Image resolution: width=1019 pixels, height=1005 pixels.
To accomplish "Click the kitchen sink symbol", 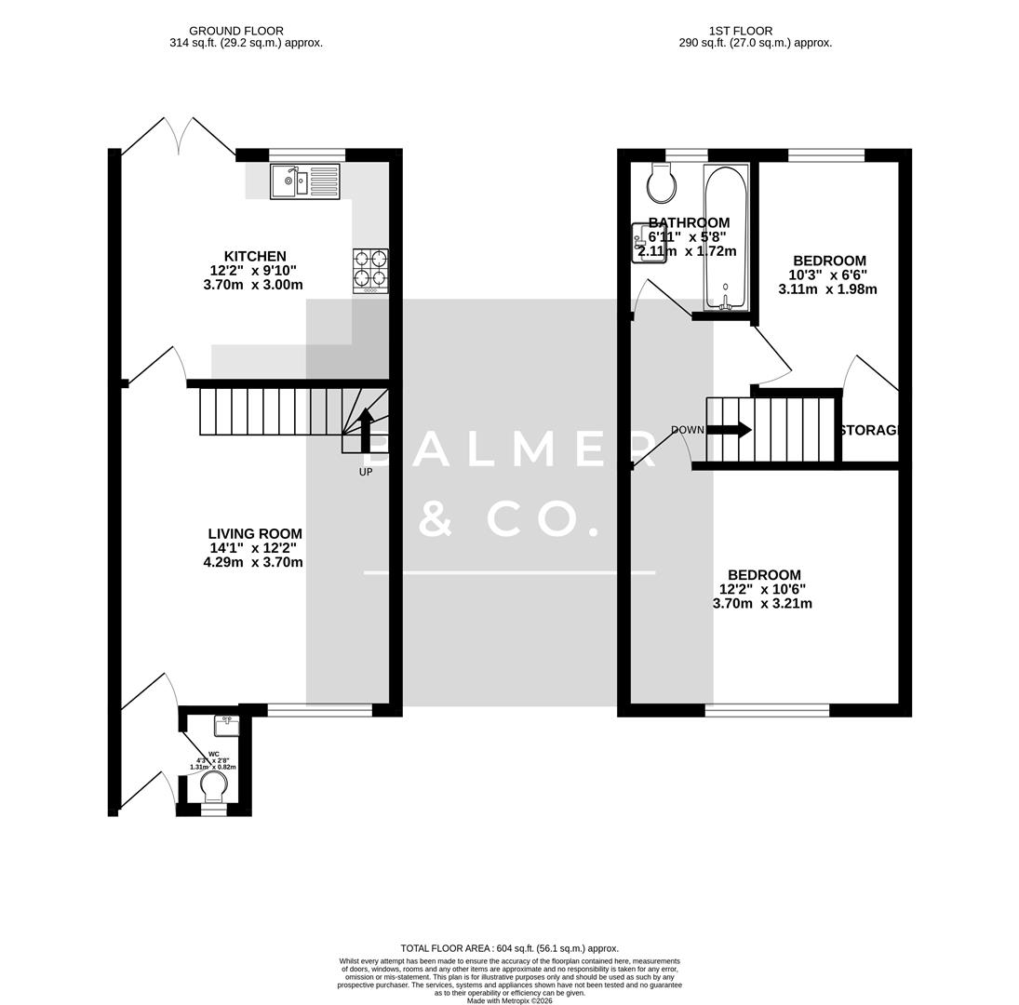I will [304, 181].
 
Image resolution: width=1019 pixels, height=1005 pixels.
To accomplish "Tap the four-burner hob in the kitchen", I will [370, 270].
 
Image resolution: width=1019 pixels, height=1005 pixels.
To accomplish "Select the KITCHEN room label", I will [255, 256].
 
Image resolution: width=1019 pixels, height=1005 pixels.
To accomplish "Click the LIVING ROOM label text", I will [255, 534].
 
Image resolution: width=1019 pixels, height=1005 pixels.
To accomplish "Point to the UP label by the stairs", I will [366, 472].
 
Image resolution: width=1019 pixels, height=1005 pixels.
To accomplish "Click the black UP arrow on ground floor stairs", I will [366, 430].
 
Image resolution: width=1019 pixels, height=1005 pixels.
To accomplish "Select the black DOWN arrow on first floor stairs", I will [730, 430].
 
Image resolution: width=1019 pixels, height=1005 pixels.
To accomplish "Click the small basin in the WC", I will [226, 725].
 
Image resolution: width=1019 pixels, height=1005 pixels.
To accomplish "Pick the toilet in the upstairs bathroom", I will [662, 184].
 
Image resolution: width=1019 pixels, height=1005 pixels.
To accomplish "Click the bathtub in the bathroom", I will [725, 237].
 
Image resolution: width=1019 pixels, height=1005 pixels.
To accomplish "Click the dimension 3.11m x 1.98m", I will [827, 289].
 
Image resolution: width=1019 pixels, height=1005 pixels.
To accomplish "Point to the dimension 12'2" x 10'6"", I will [762, 589].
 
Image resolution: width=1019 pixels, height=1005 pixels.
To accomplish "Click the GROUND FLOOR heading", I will [236, 31].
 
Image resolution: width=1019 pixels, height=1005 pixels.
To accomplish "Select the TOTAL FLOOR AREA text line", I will [509, 948].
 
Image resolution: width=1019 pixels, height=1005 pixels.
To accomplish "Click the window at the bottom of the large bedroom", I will [767, 710].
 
